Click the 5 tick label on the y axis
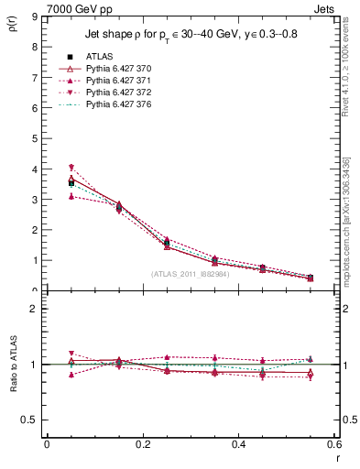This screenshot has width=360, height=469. [x=33, y=138]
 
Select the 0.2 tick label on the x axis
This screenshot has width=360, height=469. [x=142, y=444]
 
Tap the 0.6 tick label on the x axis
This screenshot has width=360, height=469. [x=333, y=444]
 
